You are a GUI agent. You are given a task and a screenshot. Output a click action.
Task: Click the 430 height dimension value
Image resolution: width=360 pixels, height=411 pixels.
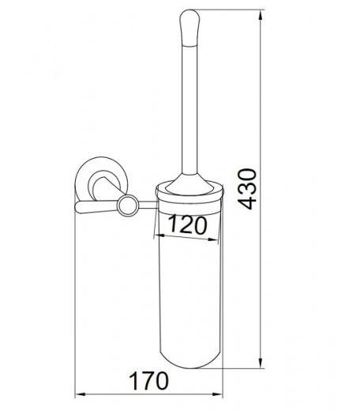point(246,189)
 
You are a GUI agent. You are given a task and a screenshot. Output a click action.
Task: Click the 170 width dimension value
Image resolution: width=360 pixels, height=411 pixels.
point(148,381)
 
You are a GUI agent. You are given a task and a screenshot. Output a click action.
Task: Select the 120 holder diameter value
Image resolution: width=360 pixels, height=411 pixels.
point(187,225)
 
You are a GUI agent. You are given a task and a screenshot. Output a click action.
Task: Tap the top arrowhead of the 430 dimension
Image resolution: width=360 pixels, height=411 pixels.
point(261,15)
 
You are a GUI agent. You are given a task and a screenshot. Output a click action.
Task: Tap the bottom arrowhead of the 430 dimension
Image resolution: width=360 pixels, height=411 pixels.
point(261,362)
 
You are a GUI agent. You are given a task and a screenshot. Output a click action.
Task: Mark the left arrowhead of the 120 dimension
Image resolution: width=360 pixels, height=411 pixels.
point(159,235)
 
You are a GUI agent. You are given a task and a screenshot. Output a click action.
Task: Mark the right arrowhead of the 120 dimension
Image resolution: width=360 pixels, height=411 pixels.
point(213,239)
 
